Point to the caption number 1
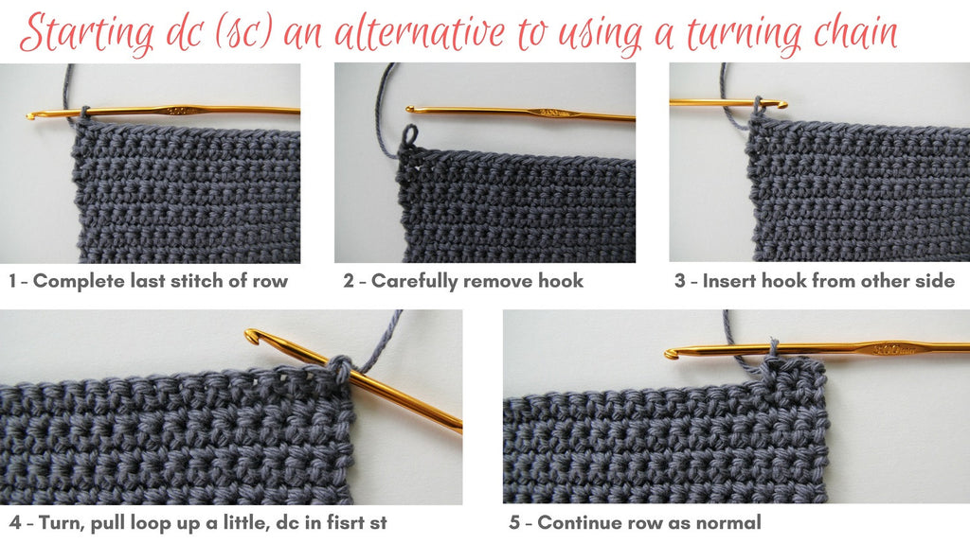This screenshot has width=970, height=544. (13, 281)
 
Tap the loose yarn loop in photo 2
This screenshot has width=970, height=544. (409, 135)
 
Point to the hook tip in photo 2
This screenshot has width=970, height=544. (411, 110)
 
